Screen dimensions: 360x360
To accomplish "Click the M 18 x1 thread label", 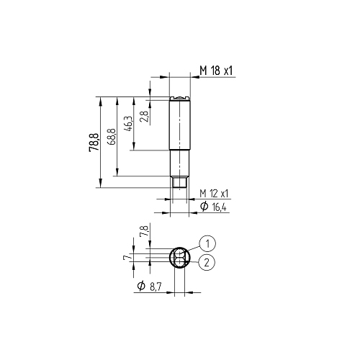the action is tap(216, 71).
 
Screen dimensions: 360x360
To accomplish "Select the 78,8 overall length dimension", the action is tap(94, 142).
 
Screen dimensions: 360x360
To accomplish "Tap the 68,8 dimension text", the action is tap(112, 137).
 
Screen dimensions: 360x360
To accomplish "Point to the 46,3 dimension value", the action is tap(128, 124).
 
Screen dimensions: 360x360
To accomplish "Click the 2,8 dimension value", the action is tap(145, 117).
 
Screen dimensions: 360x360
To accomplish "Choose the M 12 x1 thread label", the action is tap(214, 194).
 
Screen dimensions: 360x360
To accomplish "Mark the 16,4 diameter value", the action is tap(220, 207).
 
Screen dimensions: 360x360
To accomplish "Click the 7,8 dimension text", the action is tap(145, 230).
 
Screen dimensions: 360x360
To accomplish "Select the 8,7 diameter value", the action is tap(156, 287).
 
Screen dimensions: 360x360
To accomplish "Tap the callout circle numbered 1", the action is tap(207, 243).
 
